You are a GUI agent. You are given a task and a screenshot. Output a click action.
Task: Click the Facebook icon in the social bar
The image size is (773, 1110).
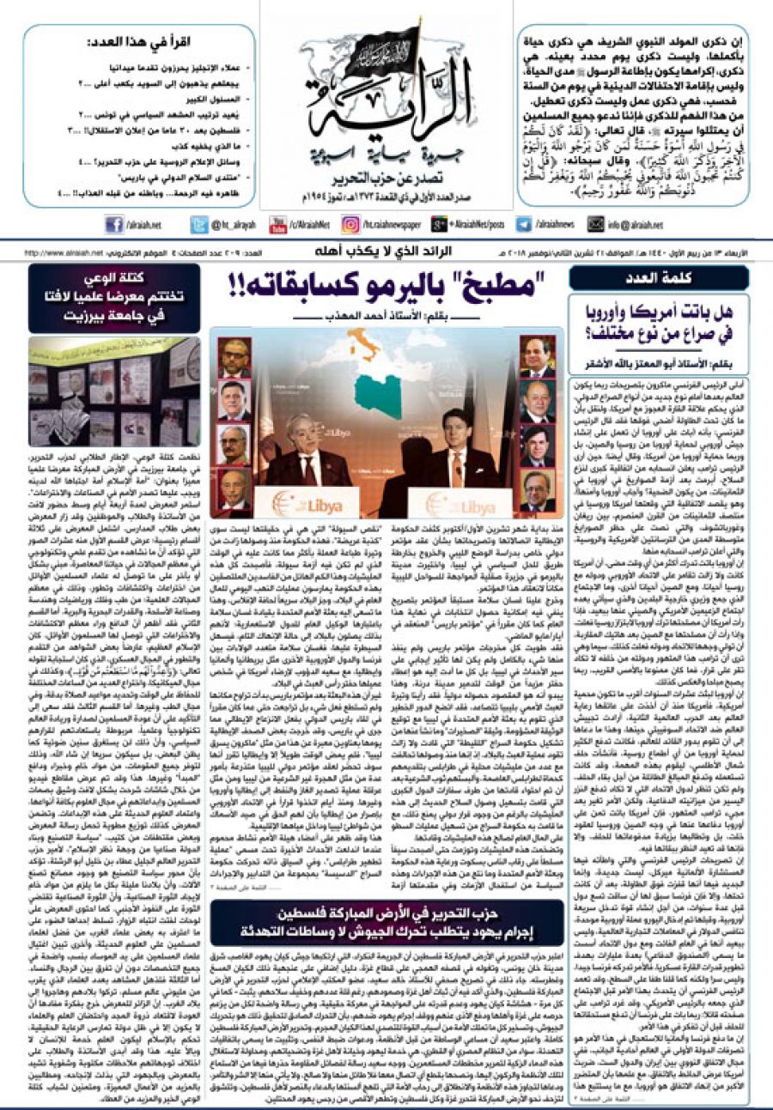115,225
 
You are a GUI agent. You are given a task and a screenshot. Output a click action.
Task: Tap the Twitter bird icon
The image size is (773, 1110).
197,225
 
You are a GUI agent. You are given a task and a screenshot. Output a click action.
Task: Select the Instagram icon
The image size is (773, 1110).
350,225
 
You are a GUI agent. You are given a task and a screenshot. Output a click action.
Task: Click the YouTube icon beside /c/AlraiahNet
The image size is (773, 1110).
277,225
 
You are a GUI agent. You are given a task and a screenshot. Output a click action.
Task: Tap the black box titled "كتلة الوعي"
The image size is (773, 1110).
114,286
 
